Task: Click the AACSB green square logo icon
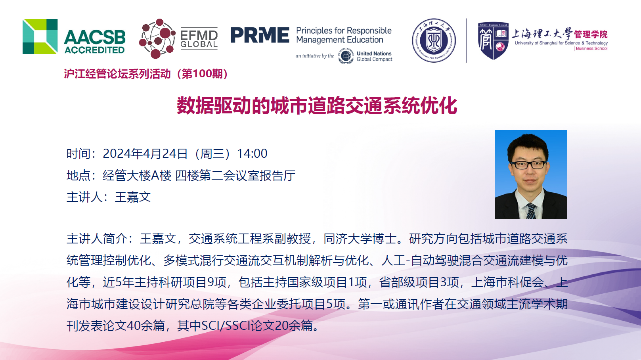click(40, 36)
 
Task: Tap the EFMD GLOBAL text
click(199, 39)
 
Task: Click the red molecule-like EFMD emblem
click(157, 38)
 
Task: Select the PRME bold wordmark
click(260, 35)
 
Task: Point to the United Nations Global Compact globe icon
click(346, 56)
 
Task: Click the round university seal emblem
click(434, 40)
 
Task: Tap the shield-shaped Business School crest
click(493, 40)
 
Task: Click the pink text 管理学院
click(591, 34)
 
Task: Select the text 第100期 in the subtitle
click(202, 74)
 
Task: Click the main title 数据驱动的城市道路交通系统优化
click(317, 105)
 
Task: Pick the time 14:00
click(252, 154)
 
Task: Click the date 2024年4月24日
click(145, 154)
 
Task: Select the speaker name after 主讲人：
click(133, 197)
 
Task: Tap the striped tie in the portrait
click(531, 211)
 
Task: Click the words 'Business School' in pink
click(591, 49)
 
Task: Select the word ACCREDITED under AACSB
click(95, 50)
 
